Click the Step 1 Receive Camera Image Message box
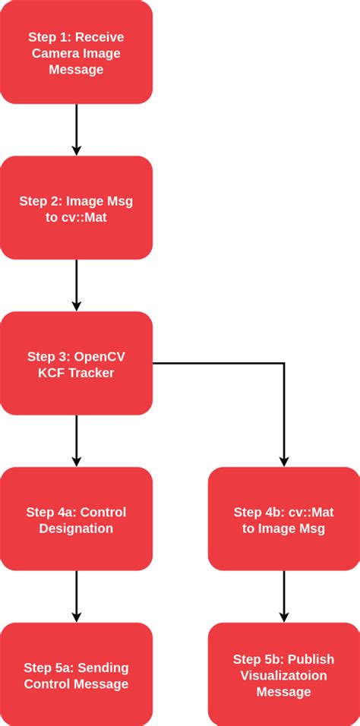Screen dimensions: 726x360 coord(76,52)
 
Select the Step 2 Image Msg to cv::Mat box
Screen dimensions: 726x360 coord(76,208)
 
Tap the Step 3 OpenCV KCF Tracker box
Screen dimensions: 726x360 coord(76,364)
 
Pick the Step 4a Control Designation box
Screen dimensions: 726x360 coord(76,519)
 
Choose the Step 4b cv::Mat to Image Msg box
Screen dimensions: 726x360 coord(283,519)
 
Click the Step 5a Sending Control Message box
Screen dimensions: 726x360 coord(76,675)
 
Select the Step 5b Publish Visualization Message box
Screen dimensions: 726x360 coord(283,675)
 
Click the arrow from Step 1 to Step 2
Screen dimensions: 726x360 coord(76,129)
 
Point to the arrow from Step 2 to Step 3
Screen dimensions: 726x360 coord(76,285)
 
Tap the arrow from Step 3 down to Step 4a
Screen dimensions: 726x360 coord(76,440)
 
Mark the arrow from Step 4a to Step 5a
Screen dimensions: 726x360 coord(76,596)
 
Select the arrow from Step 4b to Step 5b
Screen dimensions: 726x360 coord(283,596)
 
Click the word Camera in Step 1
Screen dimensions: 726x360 coord(53,53)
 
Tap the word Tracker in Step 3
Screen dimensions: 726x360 coord(92,372)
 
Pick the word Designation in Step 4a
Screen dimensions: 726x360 coord(76,528)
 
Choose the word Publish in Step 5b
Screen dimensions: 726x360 coord(311,660)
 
